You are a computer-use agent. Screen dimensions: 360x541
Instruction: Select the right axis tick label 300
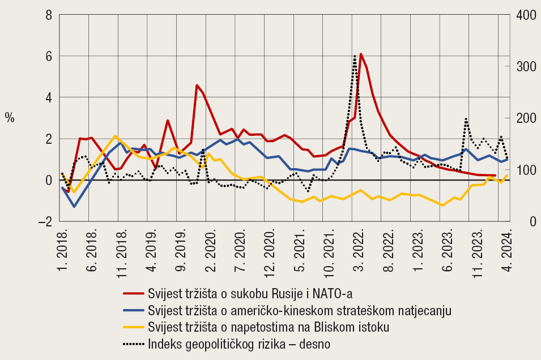coord(523,66)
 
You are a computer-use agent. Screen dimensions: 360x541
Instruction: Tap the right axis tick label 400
coord(523,15)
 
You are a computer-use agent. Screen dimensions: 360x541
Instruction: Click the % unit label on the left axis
coord(10,118)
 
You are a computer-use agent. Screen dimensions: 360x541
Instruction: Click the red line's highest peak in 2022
coord(361,54)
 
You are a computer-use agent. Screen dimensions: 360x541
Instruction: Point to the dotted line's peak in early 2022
coord(355,55)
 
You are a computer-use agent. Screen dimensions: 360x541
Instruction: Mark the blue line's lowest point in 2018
coord(74,206)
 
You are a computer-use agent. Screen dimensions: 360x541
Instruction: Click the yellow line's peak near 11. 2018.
coord(116,136)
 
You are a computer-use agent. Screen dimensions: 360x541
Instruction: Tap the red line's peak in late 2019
coord(197,85)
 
